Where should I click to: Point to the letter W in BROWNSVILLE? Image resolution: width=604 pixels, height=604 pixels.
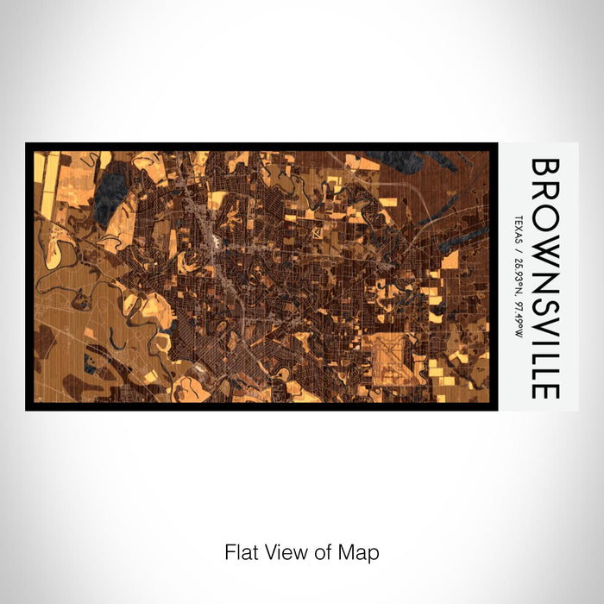click(545, 246)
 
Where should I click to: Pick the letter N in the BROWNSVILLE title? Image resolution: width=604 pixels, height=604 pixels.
click(545, 275)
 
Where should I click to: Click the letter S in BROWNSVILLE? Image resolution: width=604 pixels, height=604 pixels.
click(545, 300)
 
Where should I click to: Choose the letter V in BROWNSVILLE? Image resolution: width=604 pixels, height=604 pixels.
click(545, 323)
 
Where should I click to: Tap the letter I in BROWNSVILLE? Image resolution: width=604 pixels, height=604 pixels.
click(545, 340)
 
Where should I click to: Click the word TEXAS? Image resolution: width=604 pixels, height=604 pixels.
click(518, 228)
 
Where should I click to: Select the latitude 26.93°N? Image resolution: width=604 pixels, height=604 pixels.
click(518, 268)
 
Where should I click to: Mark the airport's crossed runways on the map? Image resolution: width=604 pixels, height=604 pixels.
click(390, 354)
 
